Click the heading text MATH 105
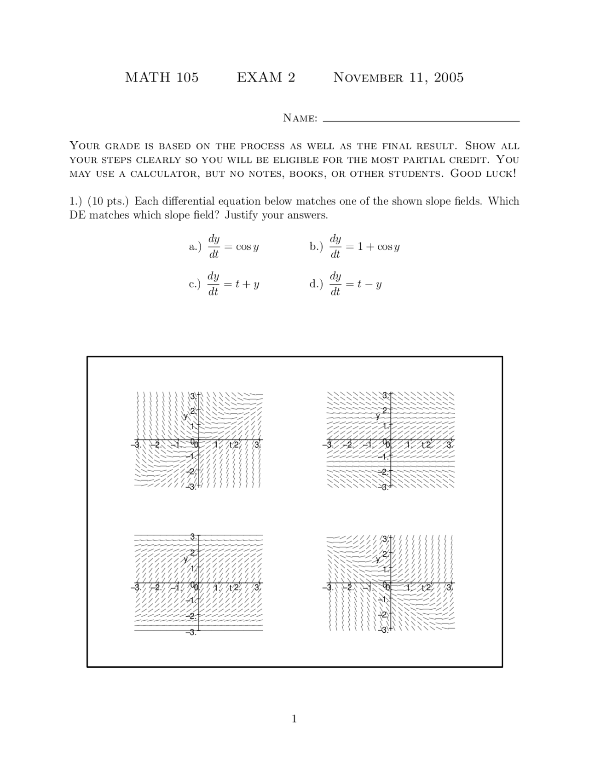click(162, 77)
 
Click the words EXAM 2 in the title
click(266, 77)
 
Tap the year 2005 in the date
click(449, 77)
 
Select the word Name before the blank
click(300, 118)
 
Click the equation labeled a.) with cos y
click(224, 247)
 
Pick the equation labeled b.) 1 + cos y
click(355, 247)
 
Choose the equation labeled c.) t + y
click(224, 284)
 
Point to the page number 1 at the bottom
click(294, 719)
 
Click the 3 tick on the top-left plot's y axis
click(193, 396)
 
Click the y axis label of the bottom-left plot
click(186, 560)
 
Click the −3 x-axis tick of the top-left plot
click(135, 445)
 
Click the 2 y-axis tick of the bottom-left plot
click(193, 552)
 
